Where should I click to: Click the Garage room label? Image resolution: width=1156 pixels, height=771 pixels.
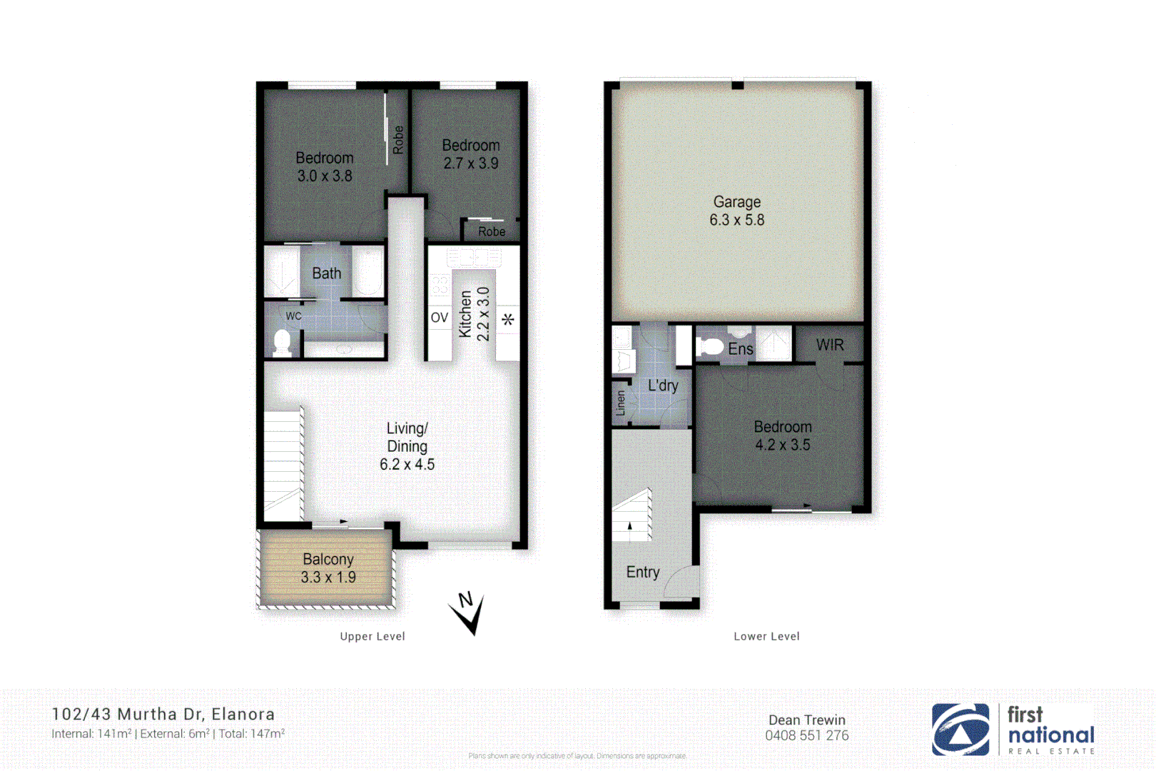click(736, 203)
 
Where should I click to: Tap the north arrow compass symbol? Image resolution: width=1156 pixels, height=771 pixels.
click(467, 613)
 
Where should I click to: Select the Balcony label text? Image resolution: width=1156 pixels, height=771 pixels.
click(328, 560)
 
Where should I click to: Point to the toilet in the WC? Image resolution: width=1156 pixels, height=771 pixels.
click(283, 342)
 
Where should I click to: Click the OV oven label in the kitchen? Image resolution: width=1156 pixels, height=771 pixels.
click(439, 318)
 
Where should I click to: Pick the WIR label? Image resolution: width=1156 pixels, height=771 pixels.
click(830, 346)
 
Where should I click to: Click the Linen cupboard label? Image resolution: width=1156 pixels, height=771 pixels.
click(620, 403)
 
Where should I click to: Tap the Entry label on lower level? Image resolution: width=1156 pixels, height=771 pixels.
click(642, 573)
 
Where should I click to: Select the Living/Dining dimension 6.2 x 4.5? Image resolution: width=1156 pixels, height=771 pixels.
click(407, 465)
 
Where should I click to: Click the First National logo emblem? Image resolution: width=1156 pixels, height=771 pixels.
click(960, 730)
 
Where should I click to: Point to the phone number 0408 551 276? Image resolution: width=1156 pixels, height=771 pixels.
click(806, 736)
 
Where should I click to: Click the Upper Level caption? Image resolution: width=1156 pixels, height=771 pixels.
click(372, 637)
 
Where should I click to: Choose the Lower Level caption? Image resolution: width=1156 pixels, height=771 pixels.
click(766, 637)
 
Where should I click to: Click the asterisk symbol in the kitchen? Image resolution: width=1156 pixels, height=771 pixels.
click(507, 320)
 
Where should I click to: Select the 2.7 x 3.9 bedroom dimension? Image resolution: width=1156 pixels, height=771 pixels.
click(471, 163)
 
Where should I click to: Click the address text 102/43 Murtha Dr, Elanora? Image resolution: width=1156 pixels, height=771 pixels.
click(163, 715)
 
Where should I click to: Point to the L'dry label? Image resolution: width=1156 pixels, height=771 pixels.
click(663, 386)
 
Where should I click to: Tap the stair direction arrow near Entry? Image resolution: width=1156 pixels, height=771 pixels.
click(629, 526)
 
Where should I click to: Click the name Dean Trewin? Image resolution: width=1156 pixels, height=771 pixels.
click(806, 720)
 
